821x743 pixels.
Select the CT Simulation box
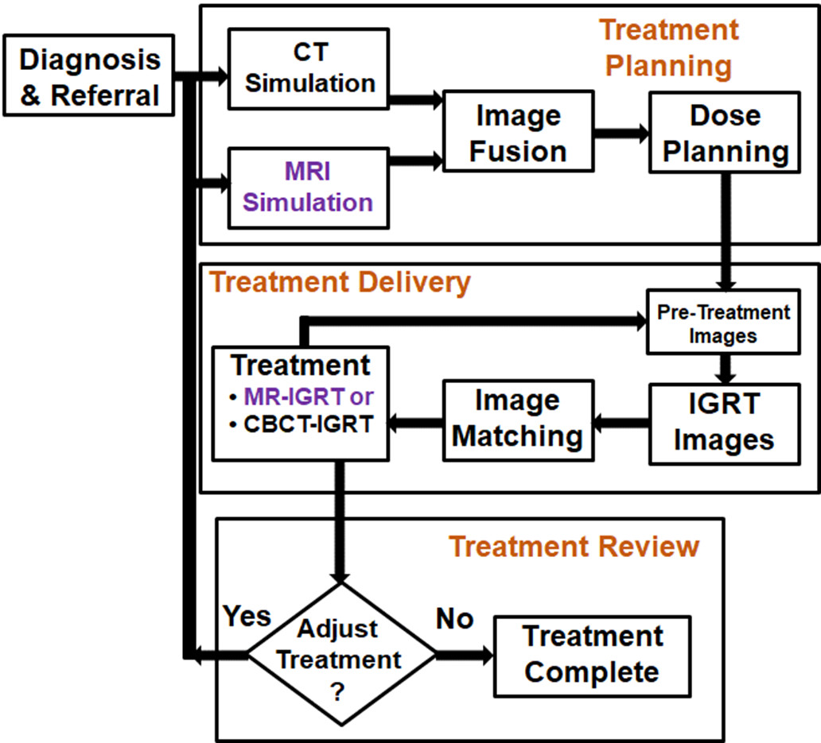click(x=309, y=68)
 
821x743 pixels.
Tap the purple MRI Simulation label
click(x=308, y=187)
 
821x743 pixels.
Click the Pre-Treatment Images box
click(x=722, y=323)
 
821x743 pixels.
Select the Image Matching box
click(x=518, y=419)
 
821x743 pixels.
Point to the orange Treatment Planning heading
click(x=668, y=48)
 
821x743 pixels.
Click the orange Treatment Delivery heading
click(x=340, y=281)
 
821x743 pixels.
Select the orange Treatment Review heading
click(x=574, y=546)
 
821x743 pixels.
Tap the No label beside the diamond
click(x=454, y=618)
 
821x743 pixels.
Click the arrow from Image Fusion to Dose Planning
click(x=621, y=133)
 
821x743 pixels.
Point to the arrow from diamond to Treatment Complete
click(x=465, y=656)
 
